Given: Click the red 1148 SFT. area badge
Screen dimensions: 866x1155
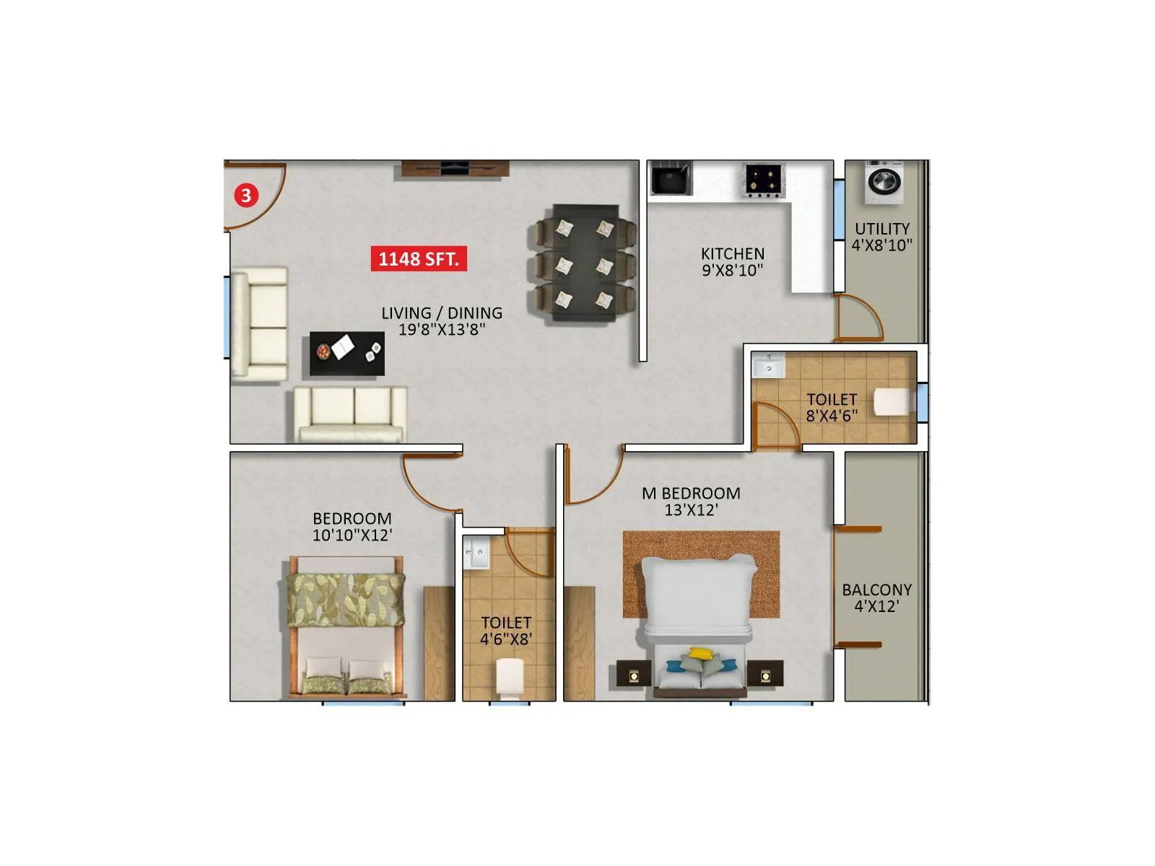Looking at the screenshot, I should tap(419, 258).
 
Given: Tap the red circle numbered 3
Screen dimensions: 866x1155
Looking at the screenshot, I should tap(246, 195).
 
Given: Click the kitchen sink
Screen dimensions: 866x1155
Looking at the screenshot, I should tap(671, 178).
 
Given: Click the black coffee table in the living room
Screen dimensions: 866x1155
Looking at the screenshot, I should tap(346, 354).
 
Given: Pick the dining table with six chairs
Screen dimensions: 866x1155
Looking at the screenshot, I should tap(585, 263).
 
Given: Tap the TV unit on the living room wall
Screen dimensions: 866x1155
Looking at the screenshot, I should tap(455, 169).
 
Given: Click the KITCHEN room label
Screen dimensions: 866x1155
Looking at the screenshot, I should tap(732, 254).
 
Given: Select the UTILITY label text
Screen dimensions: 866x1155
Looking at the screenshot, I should tap(882, 229).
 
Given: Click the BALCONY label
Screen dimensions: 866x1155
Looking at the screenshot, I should tap(876, 590).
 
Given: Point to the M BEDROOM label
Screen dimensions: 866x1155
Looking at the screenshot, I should tap(691, 494).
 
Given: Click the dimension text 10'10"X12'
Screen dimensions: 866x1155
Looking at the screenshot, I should tap(352, 535).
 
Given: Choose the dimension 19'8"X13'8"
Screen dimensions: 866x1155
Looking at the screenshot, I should tap(442, 330).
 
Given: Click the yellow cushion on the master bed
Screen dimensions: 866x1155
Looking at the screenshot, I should tap(698, 654).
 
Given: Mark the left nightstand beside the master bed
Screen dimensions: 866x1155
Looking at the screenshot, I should tap(633, 675).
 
